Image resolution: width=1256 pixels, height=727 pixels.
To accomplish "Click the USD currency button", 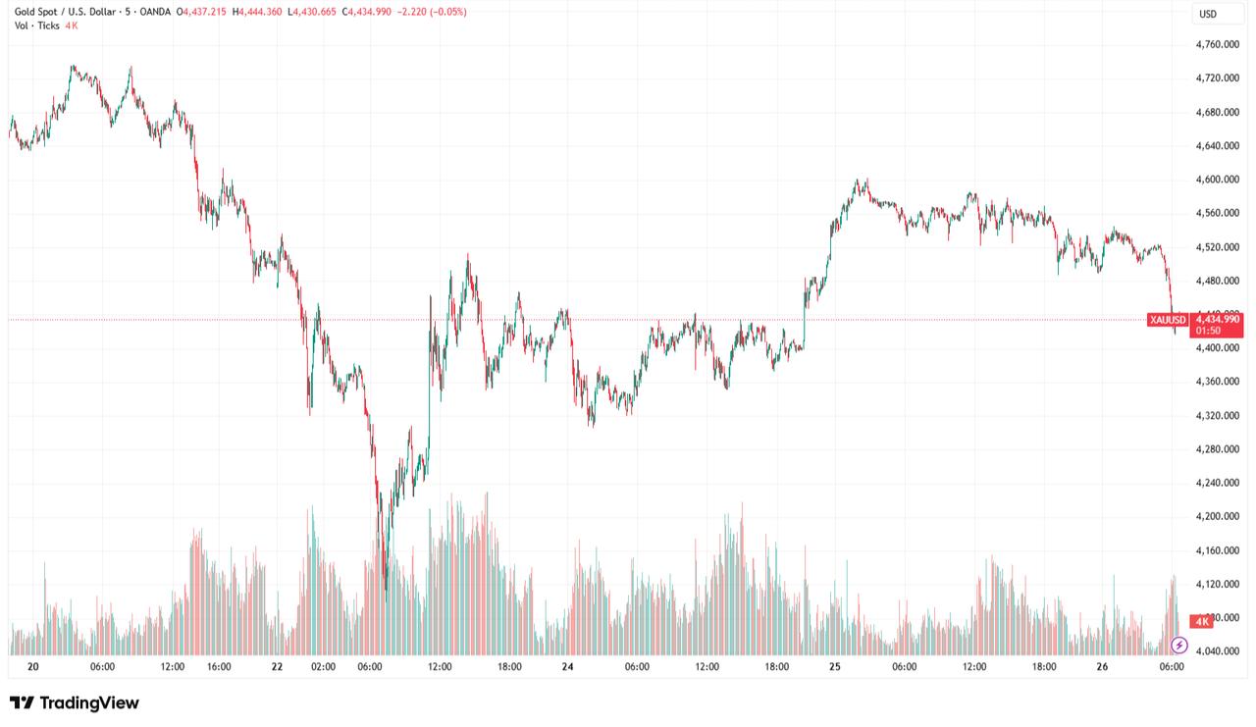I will point(1208,14).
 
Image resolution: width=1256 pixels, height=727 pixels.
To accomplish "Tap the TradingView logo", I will point(75,702).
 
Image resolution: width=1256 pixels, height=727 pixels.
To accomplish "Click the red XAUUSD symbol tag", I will point(1168,320).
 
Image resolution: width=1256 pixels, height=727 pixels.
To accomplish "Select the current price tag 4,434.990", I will point(1217,319).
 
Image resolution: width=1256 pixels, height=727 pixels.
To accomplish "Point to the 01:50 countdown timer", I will point(1204,331).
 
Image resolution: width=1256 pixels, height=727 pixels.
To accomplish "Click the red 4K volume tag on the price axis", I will point(1200,621).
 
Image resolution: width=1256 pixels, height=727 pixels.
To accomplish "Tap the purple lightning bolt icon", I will point(1179,645).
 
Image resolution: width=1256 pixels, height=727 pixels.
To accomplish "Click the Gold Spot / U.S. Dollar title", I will point(67,12).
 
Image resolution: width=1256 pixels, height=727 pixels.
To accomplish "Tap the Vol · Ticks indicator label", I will point(36,26).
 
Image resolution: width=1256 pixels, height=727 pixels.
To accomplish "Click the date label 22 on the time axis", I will point(278,667).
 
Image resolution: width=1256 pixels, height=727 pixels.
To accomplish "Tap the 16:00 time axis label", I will point(219,667).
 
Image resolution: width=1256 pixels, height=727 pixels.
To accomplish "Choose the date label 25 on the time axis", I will point(835,667).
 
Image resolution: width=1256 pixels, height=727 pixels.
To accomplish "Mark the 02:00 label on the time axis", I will point(323,667).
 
